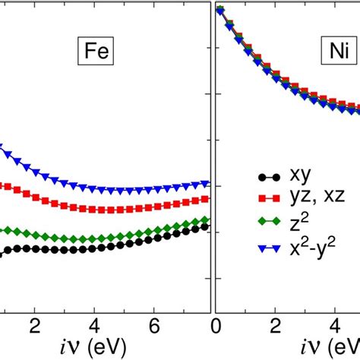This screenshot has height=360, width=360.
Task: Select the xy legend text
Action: [291, 181]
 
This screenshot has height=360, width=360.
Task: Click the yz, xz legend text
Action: [304, 203]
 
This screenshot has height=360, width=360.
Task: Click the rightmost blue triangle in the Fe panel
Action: [207, 183]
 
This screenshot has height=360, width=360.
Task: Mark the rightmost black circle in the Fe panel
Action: [207, 226]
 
